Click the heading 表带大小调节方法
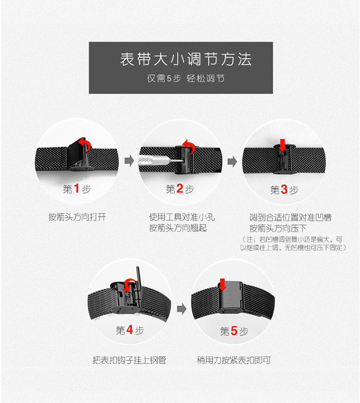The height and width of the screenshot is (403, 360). (x=185, y=60)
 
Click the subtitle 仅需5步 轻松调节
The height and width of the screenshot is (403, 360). (x=185, y=78)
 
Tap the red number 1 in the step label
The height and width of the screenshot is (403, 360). (x=76, y=189)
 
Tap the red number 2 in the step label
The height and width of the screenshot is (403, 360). (x=180, y=189)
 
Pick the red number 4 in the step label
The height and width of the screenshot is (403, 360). (x=129, y=330)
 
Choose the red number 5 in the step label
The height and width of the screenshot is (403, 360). (x=234, y=331)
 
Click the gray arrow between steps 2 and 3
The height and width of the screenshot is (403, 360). (x=232, y=162)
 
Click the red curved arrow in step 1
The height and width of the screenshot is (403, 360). (x=85, y=145)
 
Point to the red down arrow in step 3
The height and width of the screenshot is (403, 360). (x=282, y=144)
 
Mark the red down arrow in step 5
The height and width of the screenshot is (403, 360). (x=222, y=283)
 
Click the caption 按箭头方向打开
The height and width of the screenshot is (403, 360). (x=77, y=217)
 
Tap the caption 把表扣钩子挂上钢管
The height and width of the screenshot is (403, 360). (x=130, y=359)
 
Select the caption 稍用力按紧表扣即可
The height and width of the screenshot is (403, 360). (x=234, y=359)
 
